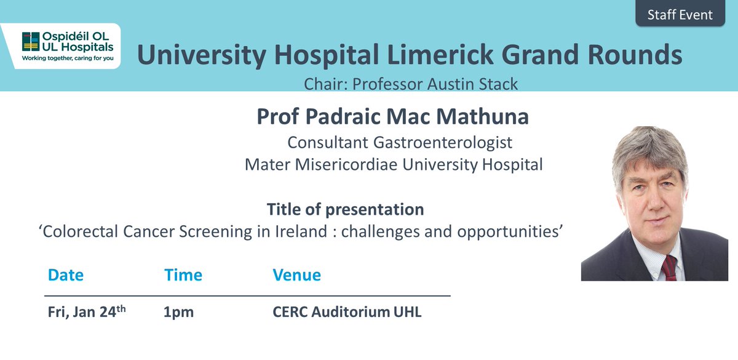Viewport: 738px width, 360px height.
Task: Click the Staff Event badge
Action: [680, 15]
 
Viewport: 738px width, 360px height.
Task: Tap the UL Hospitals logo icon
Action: [29, 42]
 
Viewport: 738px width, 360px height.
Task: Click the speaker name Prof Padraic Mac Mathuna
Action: [392, 117]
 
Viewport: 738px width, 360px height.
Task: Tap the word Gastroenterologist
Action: [443, 143]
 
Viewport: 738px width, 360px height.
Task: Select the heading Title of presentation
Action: [345, 209]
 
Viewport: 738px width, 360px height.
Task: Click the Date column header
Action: [65, 275]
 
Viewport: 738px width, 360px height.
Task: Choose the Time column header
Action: [183, 275]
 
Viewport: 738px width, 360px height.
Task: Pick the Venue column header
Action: [296, 275]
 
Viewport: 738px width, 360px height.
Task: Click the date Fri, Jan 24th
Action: [87, 311]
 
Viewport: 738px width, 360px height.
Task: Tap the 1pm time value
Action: [178, 312]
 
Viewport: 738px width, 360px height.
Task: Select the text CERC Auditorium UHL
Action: [347, 312]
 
